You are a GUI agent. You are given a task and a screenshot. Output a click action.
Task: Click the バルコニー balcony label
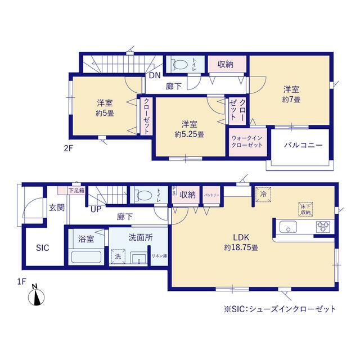[302, 145]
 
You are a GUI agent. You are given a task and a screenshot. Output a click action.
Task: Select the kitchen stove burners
[324, 228]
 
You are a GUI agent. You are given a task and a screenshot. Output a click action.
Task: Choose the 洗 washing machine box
[118, 256]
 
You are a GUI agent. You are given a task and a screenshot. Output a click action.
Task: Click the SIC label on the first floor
[43, 247]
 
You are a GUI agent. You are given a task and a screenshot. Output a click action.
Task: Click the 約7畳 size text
[291, 100]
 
